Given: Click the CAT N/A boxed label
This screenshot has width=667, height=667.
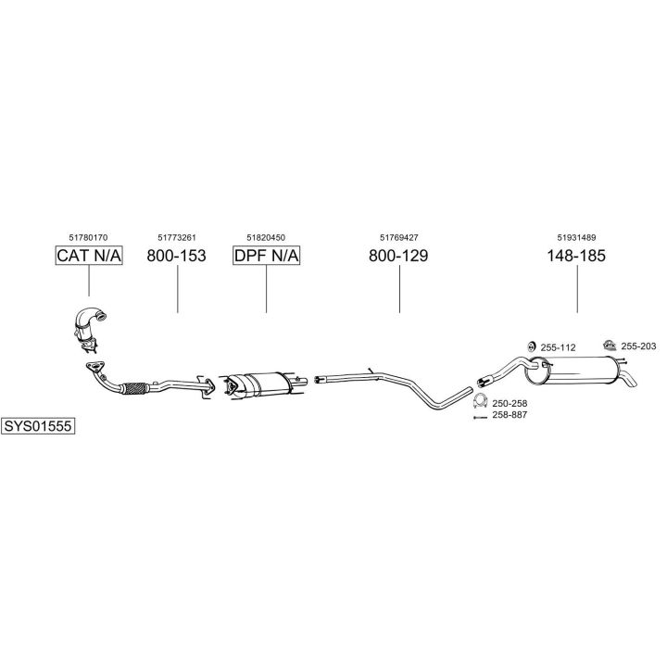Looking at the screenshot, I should point(89,256).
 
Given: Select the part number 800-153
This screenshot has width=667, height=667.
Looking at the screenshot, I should point(176,256).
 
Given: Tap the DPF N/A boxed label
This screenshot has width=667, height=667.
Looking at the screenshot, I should point(266,256).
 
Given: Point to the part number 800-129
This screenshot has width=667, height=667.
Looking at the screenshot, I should point(398,256).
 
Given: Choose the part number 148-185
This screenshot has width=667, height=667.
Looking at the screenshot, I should point(576,256).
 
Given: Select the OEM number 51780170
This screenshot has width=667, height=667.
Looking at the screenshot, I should point(89,237).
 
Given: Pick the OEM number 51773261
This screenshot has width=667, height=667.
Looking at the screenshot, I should point(176,237).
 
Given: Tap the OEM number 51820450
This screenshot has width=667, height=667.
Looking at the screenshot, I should point(266,237).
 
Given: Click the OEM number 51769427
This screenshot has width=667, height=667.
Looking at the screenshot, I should point(398,237).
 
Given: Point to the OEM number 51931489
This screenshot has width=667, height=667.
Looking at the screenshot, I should point(576,237).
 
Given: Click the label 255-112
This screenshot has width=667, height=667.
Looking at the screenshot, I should point(558,347).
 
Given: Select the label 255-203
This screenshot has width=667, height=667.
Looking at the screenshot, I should point(638,346).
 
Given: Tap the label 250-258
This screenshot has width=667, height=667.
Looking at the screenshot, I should point(510,404).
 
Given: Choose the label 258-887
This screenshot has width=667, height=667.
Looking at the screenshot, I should point(510,416).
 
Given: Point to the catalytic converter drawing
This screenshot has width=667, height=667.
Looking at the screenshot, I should point(89,329).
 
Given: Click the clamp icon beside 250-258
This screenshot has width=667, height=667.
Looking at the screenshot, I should point(481,402).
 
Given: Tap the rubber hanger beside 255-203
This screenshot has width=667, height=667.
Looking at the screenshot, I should point(609,345).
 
